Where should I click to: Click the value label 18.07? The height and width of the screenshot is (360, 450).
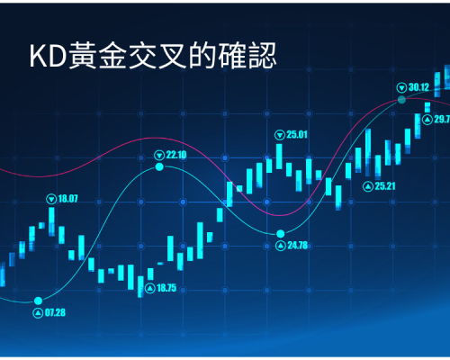pos(67,199)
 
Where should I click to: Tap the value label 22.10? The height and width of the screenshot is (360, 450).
pos(176,155)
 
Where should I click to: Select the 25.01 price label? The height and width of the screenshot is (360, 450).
pos(297,135)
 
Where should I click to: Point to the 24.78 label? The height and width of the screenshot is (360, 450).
pos(298,246)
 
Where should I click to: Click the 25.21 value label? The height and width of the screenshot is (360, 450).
pos(385,186)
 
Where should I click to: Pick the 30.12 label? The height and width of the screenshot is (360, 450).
pos(418,87)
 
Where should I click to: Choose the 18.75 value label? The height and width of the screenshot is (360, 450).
pos(166,288)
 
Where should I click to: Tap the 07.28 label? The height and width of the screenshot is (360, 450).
pos(55,313)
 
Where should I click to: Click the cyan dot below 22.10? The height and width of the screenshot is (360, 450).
pos(159,166)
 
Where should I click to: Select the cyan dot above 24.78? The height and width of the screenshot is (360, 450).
pos(281,233)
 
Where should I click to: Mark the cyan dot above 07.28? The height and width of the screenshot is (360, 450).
pos(38,301)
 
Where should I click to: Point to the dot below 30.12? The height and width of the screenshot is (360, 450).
pos(401,100)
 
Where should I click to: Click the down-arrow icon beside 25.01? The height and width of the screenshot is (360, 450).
pos(280,135)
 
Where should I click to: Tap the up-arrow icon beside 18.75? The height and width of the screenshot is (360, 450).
pos(150,288)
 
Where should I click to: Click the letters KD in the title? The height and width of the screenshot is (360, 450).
pos(48,57)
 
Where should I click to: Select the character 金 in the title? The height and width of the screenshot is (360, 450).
pos(112,56)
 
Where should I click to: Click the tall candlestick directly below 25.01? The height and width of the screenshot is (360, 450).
pos(279,157)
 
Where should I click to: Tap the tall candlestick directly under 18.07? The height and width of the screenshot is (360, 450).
pos(51,221)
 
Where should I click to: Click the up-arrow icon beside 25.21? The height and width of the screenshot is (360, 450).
pos(368,186)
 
